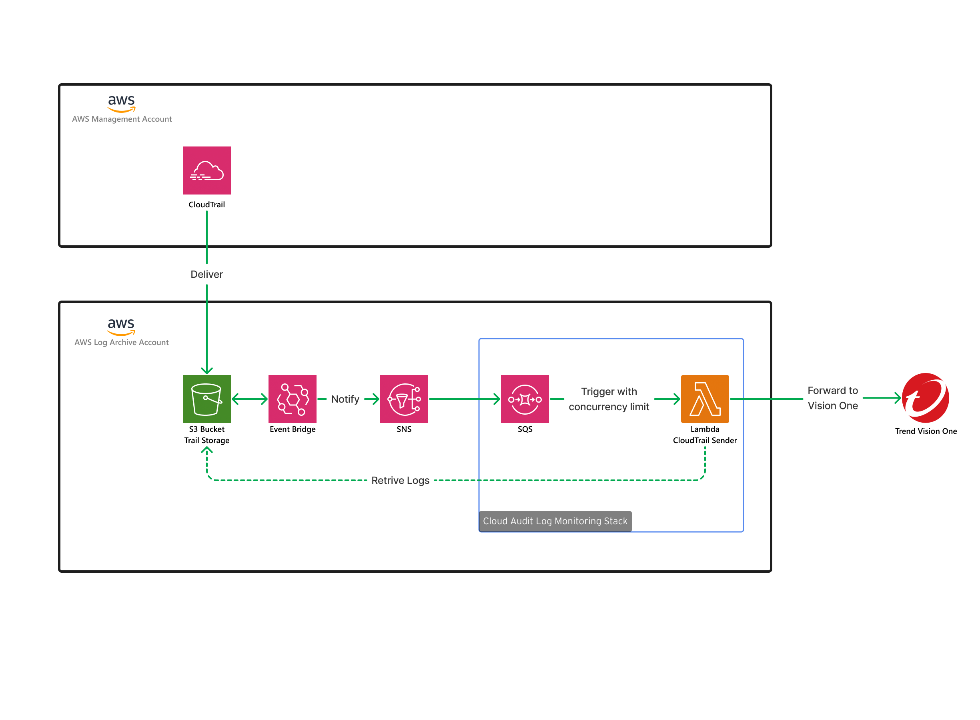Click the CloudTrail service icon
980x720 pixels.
pyautogui.click(x=206, y=170)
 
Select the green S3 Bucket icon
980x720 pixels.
pyautogui.click(x=206, y=399)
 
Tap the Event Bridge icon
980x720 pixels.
pyautogui.click(x=293, y=399)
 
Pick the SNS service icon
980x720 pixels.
pyautogui.click(x=404, y=399)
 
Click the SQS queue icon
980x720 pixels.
pyautogui.click(x=525, y=399)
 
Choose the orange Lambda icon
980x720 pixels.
pyautogui.click(x=705, y=399)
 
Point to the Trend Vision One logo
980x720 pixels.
pyautogui.click(x=925, y=398)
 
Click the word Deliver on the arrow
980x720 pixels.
pyautogui.click(x=206, y=274)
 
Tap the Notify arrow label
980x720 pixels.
pyautogui.click(x=345, y=399)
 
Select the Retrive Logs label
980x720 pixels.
pyautogui.click(x=400, y=480)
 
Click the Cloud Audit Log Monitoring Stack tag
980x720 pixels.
pyautogui.click(x=555, y=521)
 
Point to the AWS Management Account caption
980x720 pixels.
pyautogui.click(x=122, y=119)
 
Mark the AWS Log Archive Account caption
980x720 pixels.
pyautogui.click(x=122, y=343)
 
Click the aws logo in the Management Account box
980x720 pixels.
pyautogui.click(x=122, y=103)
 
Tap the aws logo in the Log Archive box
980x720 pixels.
pyautogui.click(x=121, y=326)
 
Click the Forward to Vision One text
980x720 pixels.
pyautogui.click(x=832, y=398)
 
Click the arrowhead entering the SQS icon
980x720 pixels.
pyautogui.click(x=497, y=399)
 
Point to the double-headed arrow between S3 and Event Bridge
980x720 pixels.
pyautogui.click(x=249, y=399)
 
